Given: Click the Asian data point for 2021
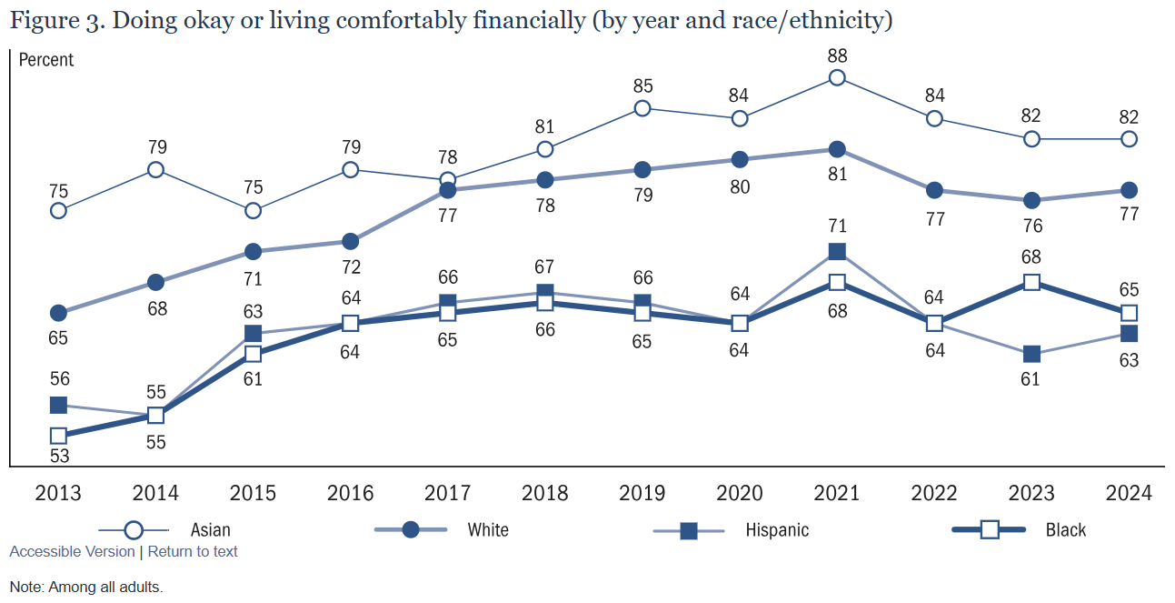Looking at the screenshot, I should coord(837,78).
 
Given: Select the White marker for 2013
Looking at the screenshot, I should coord(58,313).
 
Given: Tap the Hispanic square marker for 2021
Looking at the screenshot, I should coord(837,252).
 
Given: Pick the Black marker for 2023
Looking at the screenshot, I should coord(1031,283).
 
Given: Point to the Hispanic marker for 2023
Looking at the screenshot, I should coord(1031,354).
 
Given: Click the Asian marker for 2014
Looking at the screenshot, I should coord(155,170).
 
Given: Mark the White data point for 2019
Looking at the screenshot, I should coord(642,170).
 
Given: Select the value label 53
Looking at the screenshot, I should coord(58,457).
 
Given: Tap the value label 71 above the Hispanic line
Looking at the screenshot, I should coord(837,226).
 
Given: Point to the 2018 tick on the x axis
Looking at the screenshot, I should coord(544,493).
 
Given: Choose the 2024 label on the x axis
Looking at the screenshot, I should coord(1129,493).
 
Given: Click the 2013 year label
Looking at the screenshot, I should coord(58,493).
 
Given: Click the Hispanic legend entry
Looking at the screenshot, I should coord(732,529).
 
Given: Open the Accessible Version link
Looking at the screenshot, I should coord(72,551).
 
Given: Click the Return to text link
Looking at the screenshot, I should coord(193,551).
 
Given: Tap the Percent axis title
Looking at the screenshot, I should coord(46,60).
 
